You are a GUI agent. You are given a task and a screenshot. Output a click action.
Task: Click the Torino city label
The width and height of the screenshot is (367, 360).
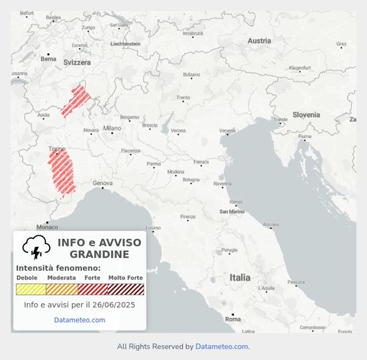click(55, 148)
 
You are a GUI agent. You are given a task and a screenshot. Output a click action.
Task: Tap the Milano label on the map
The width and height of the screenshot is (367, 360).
click(112, 128)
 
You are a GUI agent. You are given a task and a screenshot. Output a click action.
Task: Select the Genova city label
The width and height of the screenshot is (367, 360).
click(102, 183)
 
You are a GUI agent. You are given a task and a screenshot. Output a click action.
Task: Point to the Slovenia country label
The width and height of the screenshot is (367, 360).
click(306, 114)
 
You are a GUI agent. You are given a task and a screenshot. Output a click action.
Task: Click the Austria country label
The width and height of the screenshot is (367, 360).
click(259, 41)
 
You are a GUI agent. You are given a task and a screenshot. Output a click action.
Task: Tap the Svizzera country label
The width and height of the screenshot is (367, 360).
click(77, 63)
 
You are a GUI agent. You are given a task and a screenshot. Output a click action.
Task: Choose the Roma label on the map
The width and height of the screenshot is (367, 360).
click(232, 318)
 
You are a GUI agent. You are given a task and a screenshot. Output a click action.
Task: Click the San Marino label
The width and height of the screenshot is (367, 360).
click(233, 212)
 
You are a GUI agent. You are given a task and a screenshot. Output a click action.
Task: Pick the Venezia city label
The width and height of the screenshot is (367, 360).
click(227, 130)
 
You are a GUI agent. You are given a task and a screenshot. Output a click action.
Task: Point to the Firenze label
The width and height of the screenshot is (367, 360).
click(188, 217)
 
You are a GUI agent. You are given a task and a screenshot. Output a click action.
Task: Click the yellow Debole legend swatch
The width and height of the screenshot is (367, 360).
click(31, 289)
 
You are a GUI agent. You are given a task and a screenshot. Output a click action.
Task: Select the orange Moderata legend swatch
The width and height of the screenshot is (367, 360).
click(62, 289)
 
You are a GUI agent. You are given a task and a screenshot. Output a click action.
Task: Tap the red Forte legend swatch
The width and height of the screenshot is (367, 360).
click(93, 289)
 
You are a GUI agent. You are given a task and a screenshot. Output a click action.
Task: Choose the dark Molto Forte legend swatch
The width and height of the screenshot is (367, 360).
click(126, 289)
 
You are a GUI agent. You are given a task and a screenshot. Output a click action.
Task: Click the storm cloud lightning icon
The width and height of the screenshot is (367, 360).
click(35, 248)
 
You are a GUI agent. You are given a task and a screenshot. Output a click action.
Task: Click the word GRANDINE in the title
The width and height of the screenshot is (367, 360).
click(99, 254)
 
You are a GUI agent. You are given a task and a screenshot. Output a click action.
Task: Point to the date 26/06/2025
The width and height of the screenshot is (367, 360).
click(110, 305)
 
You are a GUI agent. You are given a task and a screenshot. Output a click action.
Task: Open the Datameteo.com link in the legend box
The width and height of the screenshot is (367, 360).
click(79, 320)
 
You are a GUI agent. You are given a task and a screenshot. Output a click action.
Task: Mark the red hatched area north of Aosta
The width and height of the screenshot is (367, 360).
click(76, 101)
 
